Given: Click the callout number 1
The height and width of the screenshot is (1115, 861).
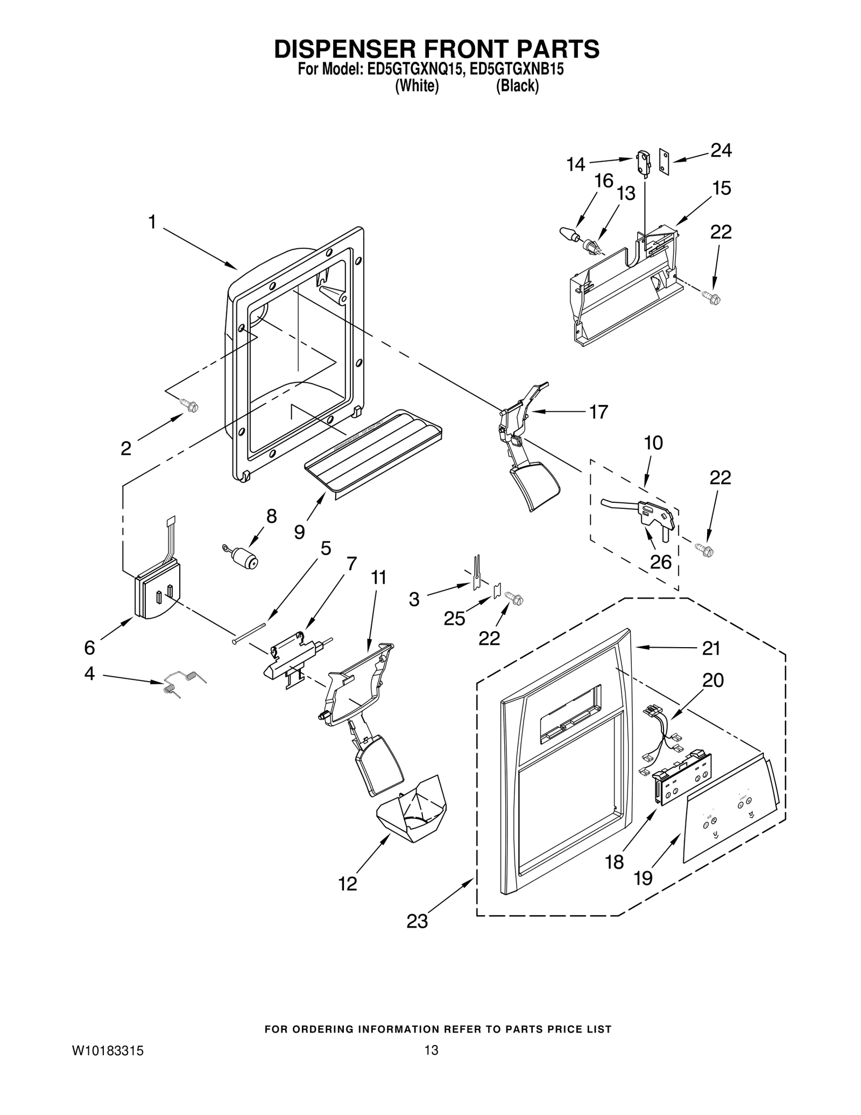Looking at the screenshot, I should click(x=152, y=222).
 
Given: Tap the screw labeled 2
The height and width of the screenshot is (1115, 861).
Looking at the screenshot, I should click(x=189, y=405).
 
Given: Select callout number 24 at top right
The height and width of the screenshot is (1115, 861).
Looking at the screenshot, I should click(x=721, y=151).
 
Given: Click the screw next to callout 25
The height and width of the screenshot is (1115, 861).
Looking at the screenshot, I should click(x=514, y=599).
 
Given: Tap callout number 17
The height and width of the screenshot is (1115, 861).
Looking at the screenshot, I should click(x=598, y=412).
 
